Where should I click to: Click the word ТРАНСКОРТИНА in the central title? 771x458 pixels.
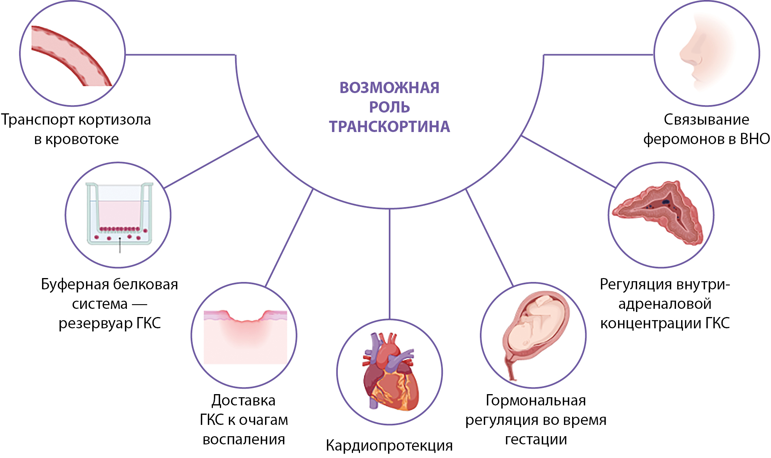point(389,127)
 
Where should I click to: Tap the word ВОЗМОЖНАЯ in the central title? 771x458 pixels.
point(389,88)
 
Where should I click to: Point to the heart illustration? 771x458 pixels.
point(389,372)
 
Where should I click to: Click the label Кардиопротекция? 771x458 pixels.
point(389,446)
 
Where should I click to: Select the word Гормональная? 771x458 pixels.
point(536,401)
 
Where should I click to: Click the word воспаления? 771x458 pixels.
point(244,440)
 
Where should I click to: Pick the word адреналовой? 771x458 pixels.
point(665,304)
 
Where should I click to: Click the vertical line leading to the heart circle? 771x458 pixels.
point(390,265)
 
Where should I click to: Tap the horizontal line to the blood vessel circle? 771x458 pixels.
point(179,55)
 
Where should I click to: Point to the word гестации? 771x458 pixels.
point(536,440)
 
